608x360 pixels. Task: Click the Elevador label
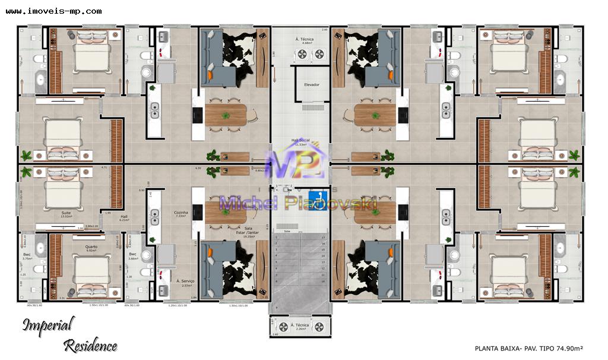312,85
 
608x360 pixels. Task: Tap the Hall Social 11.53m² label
299,143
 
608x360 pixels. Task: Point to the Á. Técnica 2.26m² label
303,327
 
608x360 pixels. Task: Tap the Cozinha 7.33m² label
181,214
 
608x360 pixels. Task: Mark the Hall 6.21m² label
124,219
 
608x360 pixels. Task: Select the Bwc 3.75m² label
27,256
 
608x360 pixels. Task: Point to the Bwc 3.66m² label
133,256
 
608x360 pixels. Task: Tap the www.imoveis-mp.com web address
53,11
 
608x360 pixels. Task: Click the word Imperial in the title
49,325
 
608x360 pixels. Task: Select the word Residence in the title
90,345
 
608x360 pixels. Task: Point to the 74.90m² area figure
569,348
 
